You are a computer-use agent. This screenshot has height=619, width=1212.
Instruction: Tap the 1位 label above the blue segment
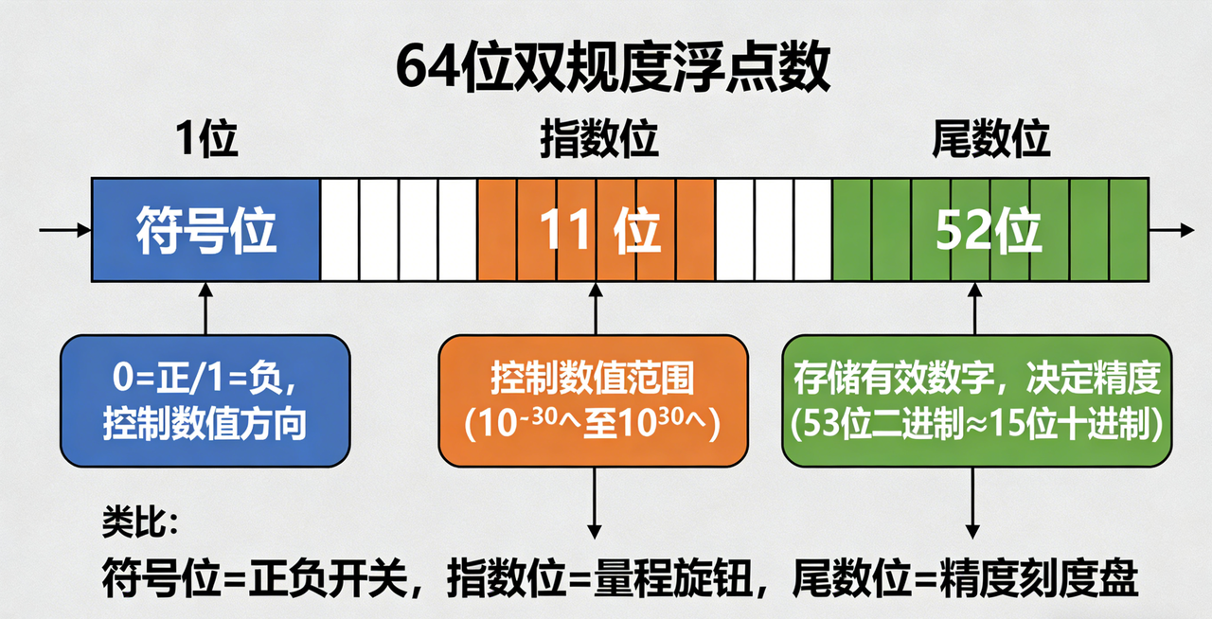[x=205, y=140]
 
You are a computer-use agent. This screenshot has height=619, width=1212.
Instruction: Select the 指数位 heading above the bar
[x=599, y=140]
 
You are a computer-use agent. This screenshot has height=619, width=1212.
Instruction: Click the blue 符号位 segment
[x=205, y=230]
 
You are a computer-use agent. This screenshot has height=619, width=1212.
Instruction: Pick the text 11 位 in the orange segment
[x=599, y=230]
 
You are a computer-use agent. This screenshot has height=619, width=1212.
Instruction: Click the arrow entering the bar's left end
[x=64, y=229]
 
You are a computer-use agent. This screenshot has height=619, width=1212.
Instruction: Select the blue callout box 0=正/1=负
[x=205, y=401]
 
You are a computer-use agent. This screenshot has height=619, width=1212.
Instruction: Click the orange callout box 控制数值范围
[x=593, y=401]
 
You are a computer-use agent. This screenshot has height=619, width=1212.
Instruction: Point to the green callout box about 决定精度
[x=976, y=401]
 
